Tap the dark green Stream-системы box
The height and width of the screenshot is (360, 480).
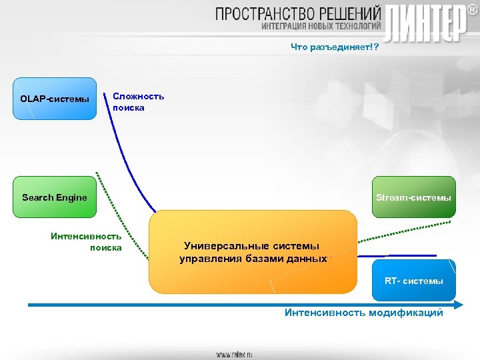coord(413,197)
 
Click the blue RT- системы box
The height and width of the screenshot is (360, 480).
coord(413,281)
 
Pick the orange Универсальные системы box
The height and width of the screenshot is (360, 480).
coord(253,253)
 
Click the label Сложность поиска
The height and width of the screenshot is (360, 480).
coord(138,102)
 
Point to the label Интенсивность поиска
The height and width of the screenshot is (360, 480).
coord(87,241)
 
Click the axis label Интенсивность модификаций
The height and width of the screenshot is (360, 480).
coord(363,313)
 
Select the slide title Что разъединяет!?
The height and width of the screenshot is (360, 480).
coord(334,47)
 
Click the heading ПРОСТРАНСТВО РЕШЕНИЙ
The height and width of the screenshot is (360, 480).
coord(298,13)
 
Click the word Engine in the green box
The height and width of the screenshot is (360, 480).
coord(72,197)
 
